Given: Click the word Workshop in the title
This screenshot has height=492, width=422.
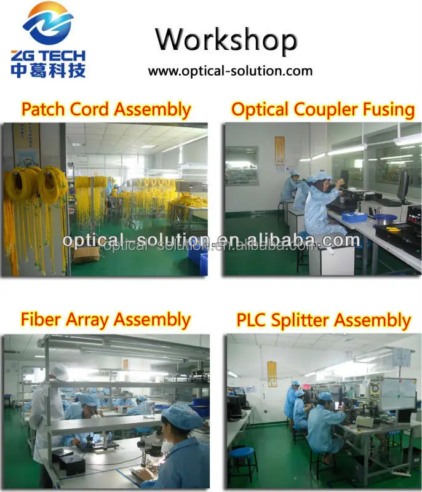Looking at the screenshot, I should [x=226, y=40].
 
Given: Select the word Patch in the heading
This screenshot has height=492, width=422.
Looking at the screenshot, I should [x=44, y=109].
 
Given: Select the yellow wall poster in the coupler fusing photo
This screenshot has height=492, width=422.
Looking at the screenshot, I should [x=280, y=150].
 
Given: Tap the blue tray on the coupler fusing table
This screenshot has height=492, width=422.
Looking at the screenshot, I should [x=354, y=216].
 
